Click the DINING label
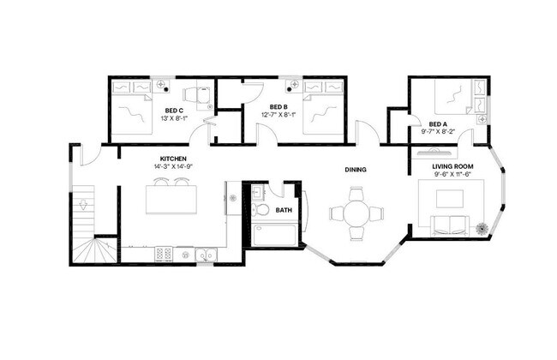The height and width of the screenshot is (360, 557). (x=356, y=170)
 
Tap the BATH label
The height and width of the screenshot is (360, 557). (x=283, y=208)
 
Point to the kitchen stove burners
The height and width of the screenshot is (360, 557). (x=163, y=253)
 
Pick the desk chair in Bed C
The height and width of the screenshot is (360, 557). (x=199, y=95)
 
